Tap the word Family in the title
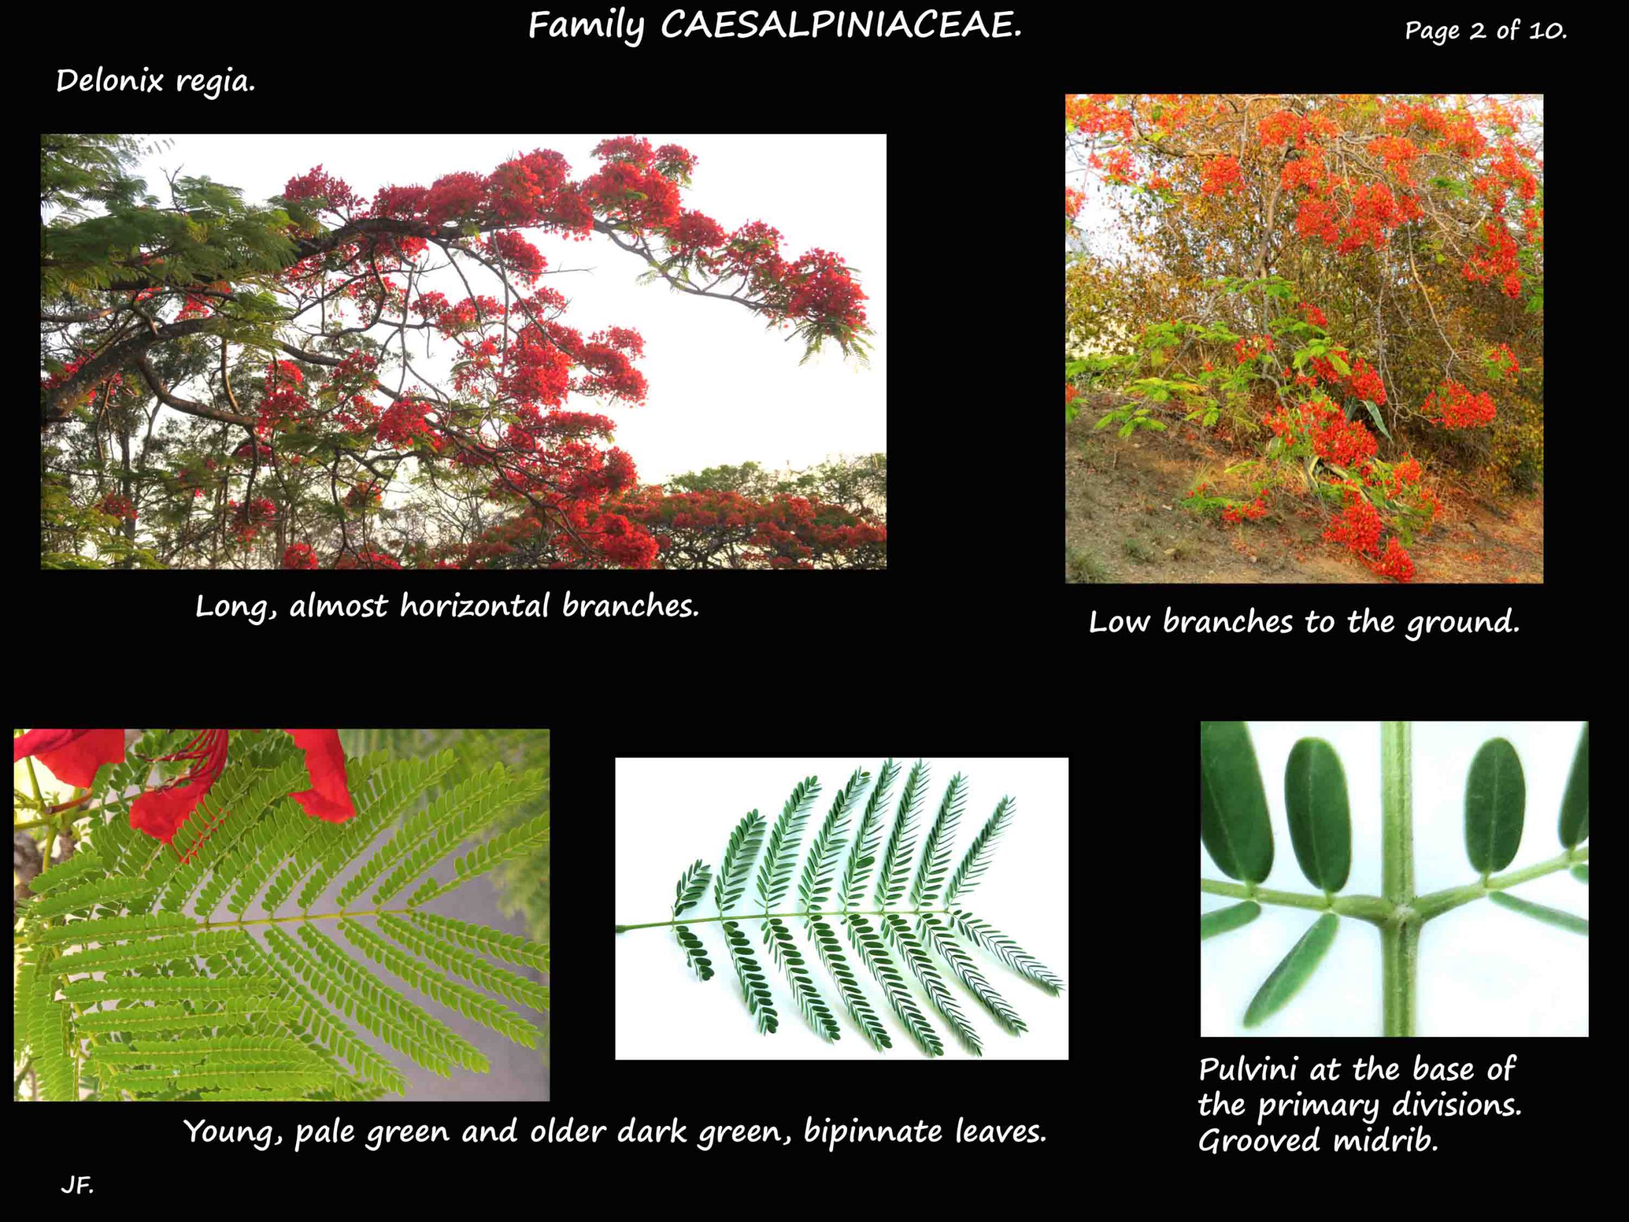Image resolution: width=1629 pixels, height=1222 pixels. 585,27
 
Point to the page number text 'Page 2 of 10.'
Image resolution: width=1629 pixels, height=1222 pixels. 1485,30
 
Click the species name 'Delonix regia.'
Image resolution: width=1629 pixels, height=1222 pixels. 155,80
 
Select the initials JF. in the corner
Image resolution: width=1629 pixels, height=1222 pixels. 76,1185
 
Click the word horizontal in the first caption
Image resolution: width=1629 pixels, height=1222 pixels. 474,605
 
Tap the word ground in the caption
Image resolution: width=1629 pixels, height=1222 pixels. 1462,622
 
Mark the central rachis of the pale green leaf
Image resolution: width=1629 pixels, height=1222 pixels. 295,918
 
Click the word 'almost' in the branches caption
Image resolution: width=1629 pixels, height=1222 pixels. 338,606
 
